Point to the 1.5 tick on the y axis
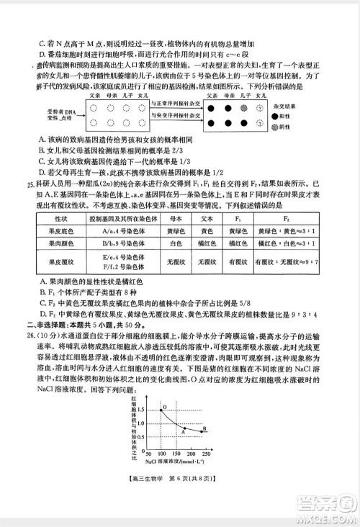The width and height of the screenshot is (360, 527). [140, 409]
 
